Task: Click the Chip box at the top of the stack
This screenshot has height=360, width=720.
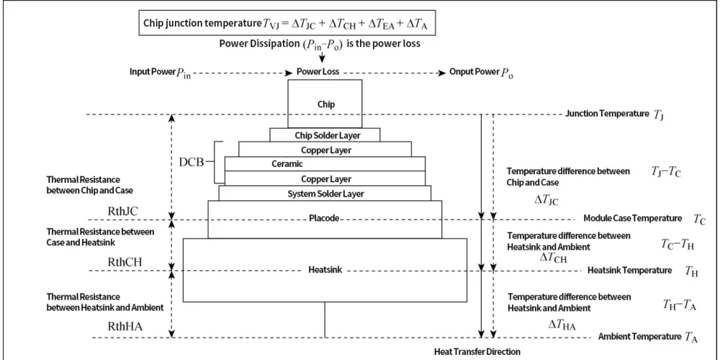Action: tap(325, 104)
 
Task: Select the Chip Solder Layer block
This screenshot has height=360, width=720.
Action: tap(325, 135)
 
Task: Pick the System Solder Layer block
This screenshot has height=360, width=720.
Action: tap(325, 194)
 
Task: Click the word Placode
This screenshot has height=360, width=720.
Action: tap(325, 218)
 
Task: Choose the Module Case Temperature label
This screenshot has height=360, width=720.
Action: tap(632, 218)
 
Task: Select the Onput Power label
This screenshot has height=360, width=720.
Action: tap(474, 73)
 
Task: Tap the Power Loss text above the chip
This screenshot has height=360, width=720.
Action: tap(318, 72)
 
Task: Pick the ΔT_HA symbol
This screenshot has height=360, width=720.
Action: tap(562, 325)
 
